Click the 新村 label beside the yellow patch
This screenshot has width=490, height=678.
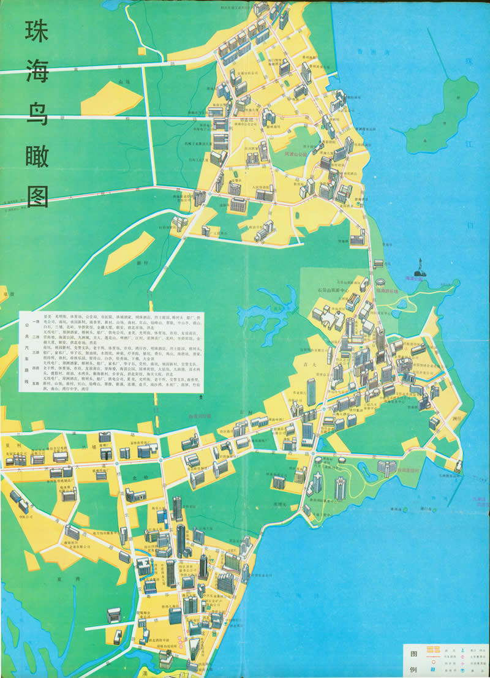(x=143, y=262)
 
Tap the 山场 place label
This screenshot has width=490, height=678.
(x=124, y=81)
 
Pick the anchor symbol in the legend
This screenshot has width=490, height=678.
(x=458, y=647)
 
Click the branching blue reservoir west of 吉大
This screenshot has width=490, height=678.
(x=269, y=309)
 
